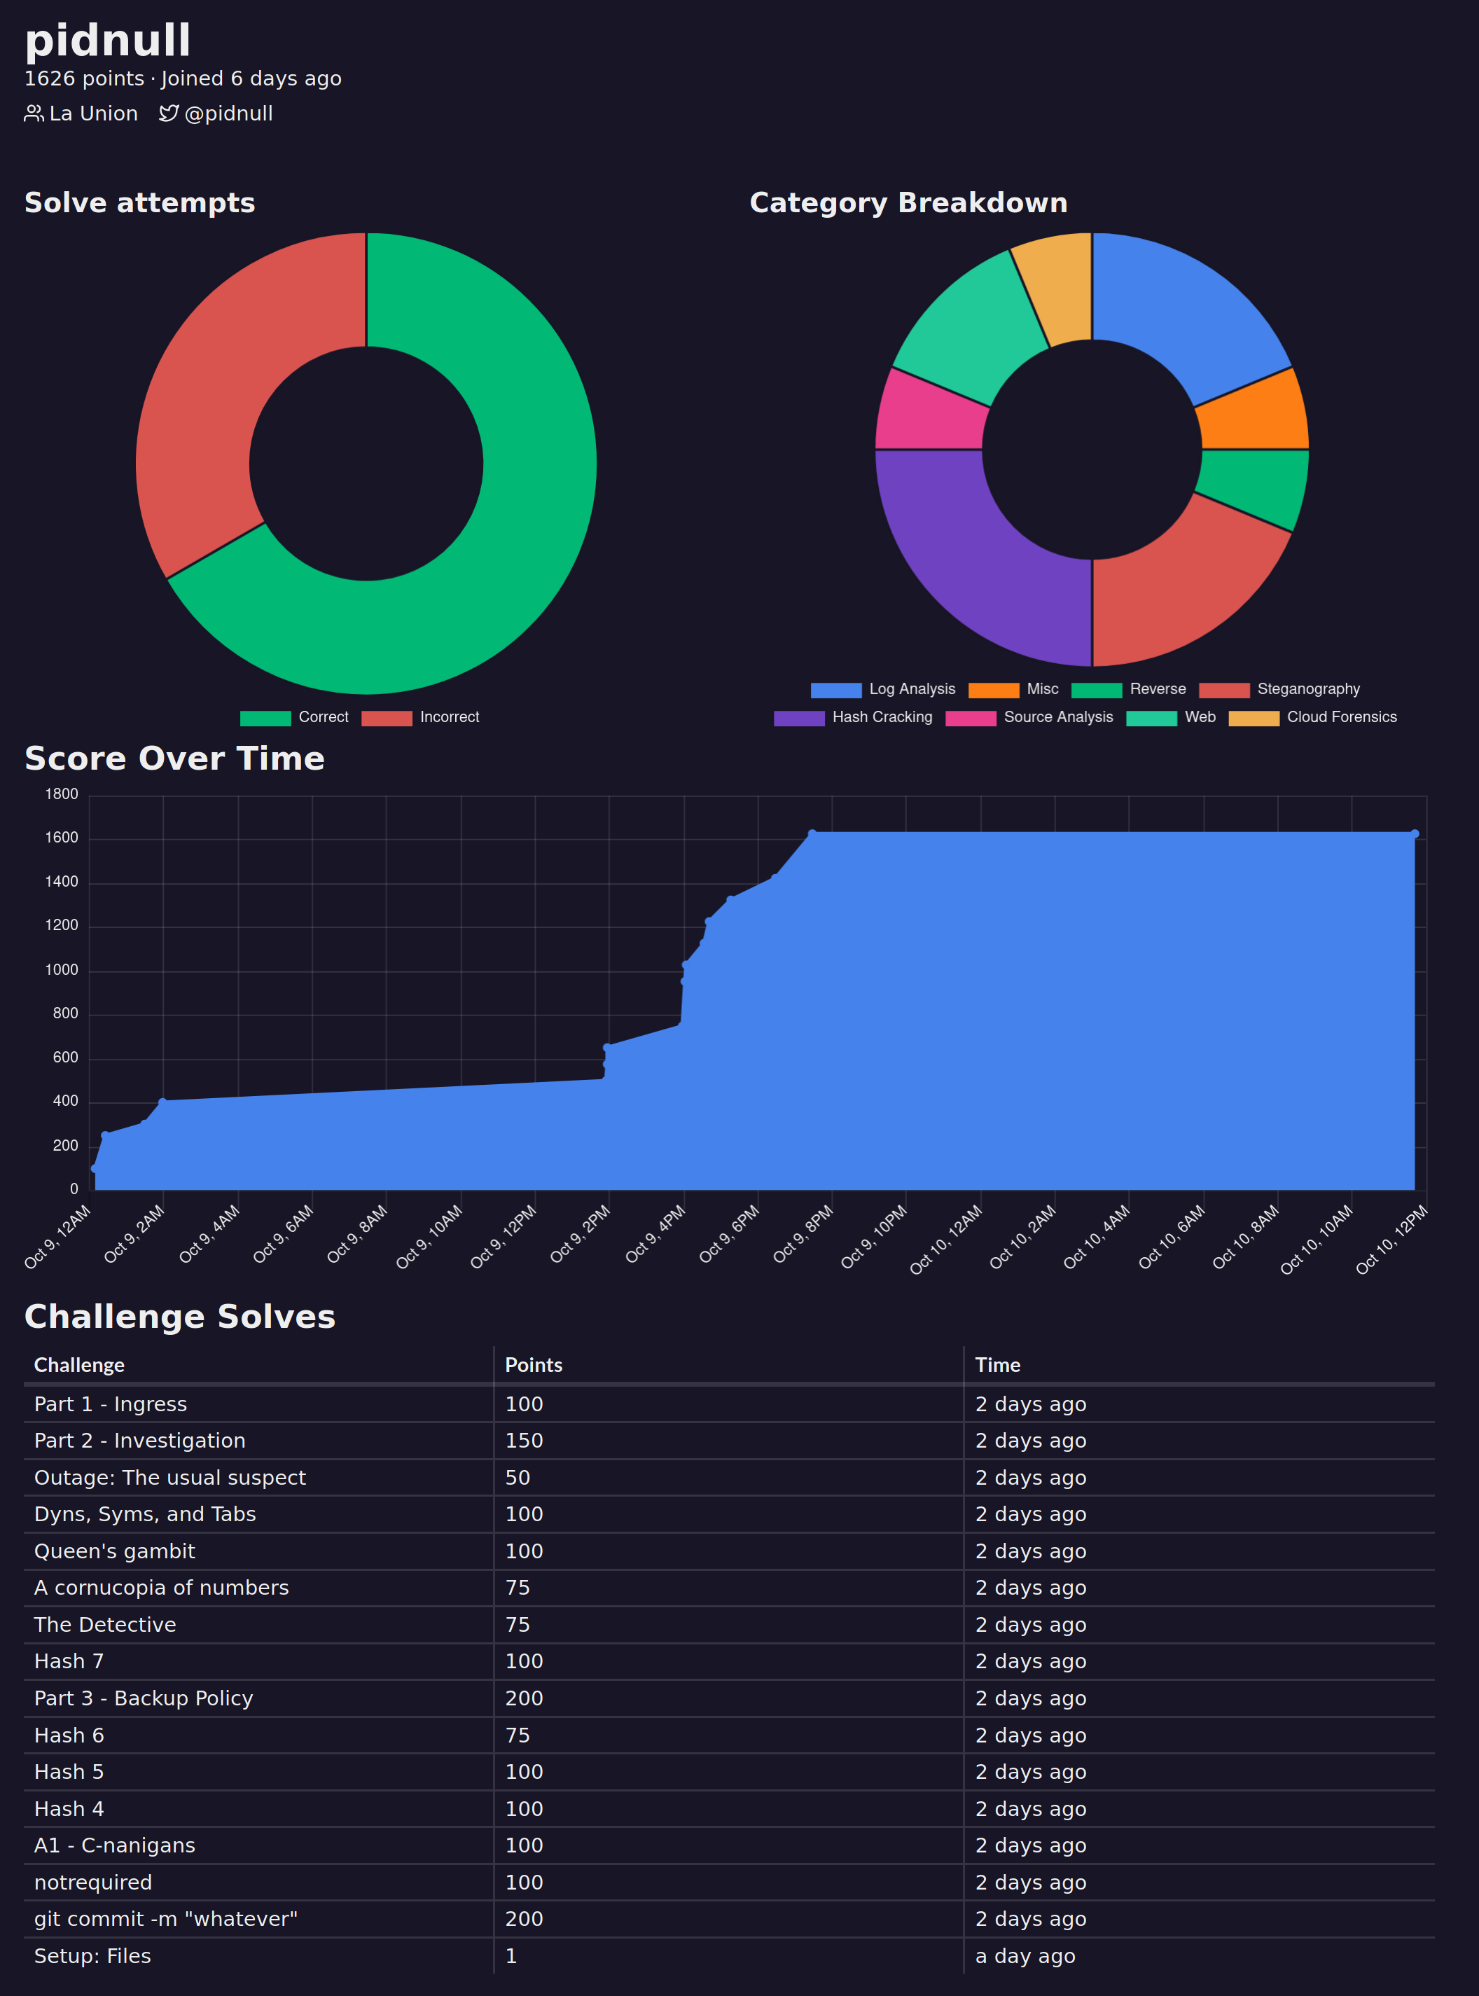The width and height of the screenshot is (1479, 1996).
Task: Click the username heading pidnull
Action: point(107,41)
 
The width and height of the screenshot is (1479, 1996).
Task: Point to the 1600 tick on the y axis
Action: point(62,838)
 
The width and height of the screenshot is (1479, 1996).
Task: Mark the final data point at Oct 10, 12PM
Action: point(1415,833)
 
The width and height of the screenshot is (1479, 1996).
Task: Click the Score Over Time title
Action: point(174,758)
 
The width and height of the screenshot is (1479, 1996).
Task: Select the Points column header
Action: point(534,1365)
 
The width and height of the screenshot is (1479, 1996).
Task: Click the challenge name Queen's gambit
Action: point(115,1551)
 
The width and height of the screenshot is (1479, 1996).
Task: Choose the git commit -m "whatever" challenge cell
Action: point(166,1919)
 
